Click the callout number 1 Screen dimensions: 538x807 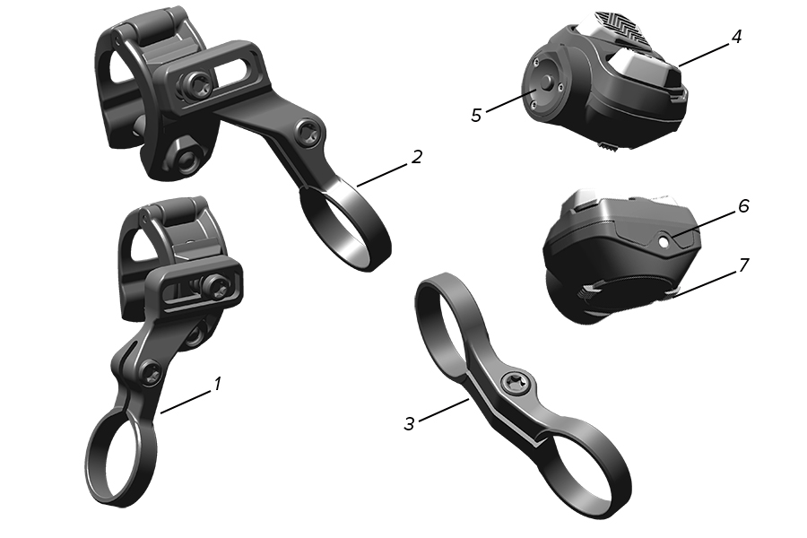[216, 384]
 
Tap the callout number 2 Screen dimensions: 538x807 [417, 157]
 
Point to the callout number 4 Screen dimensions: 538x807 [736, 38]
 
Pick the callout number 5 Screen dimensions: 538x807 [476, 115]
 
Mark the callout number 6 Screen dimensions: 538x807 [743, 206]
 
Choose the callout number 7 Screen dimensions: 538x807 [743, 265]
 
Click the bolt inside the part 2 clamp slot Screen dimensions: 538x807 [196, 85]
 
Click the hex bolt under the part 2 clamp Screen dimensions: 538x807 [188, 162]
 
